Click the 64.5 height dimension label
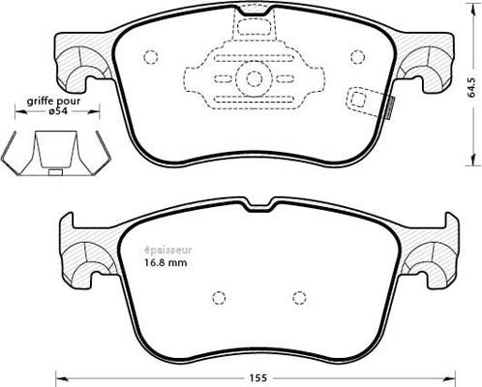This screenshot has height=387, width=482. pyautogui.click(x=472, y=88)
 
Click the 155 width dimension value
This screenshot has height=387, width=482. pyautogui.click(x=258, y=378)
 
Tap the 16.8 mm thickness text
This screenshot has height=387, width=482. pyautogui.click(x=166, y=263)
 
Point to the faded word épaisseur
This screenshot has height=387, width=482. pyautogui.click(x=167, y=251)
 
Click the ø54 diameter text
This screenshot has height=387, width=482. pyautogui.click(x=59, y=111)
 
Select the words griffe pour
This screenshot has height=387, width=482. pyautogui.click(x=53, y=102)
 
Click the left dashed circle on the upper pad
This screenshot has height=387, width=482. pyautogui.click(x=150, y=58)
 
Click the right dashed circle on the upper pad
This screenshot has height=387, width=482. pyautogui.click(x=357, y=58)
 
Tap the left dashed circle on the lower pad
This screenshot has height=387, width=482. pyautogui.click(x=219, y=297)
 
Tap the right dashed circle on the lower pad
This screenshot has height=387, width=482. pyautogui.click(x=299, y=298)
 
